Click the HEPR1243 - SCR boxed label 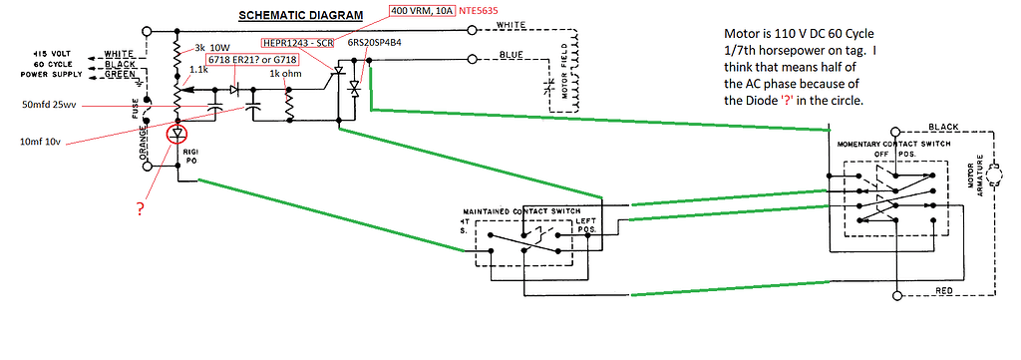click(x=298, y=44)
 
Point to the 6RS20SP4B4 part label click(x=376, y=44)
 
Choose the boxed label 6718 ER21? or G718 click(x=254, y=61)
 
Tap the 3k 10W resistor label click(x=211, y=47)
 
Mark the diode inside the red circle click(x=178, y=133)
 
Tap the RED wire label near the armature click(x=942, y=290)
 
